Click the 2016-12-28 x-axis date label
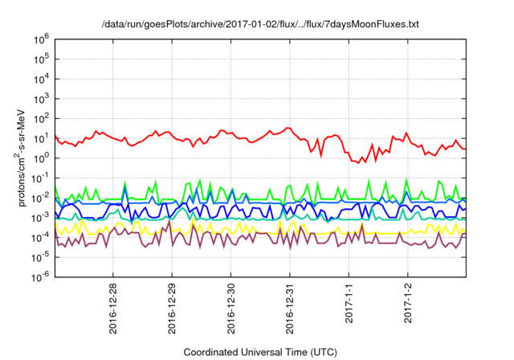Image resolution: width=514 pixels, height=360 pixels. point(112,305)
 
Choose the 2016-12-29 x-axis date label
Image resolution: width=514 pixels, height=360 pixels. point(172,305)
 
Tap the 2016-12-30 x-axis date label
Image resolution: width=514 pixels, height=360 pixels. point(231,305)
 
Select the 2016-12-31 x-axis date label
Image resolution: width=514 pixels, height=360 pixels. point(290,305)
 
